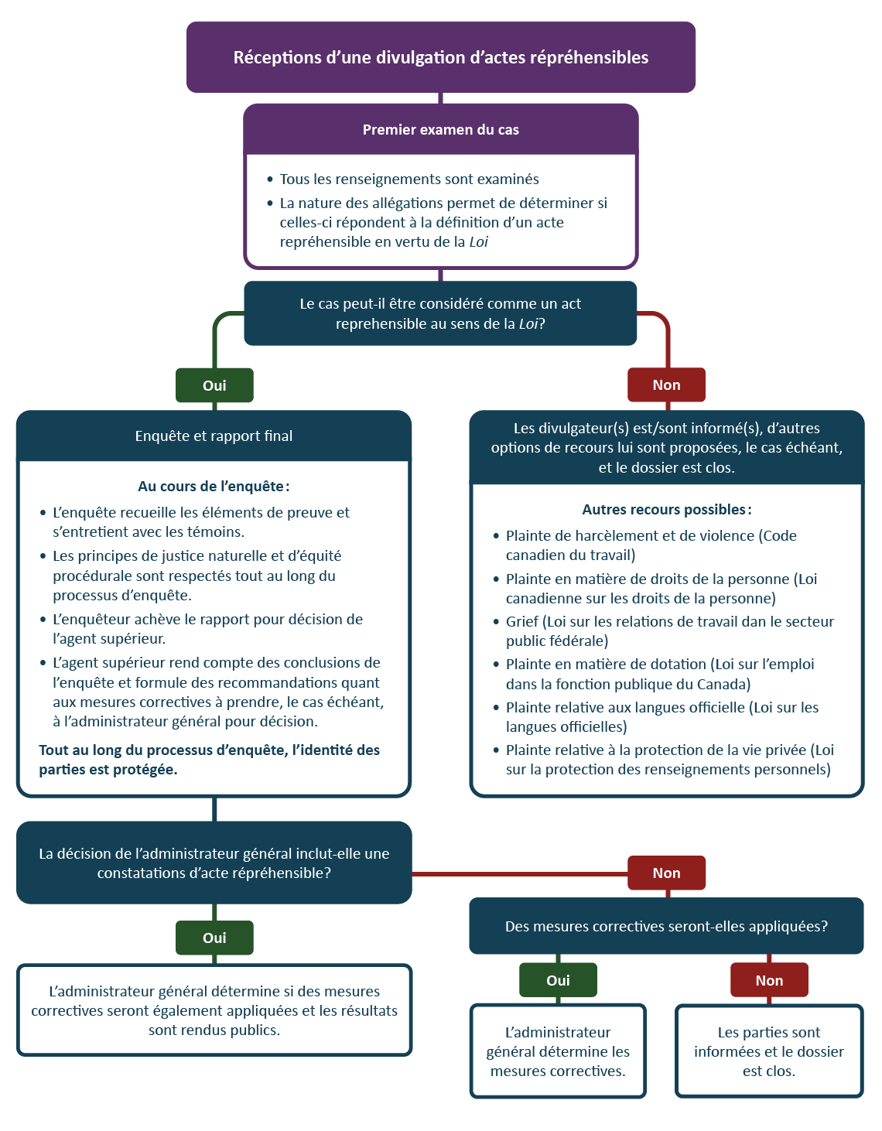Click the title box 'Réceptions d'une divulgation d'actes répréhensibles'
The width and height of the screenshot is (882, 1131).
pos(441,57)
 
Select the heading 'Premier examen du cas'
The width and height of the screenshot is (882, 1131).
pos(441,130)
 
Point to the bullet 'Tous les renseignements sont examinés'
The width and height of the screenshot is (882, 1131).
pos(409,179)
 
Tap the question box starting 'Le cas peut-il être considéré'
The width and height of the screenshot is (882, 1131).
pos(440,313)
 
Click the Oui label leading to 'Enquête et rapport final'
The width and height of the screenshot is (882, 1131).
pos(214,385)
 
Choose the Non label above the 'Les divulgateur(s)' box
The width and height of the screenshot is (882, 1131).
pos(666,385)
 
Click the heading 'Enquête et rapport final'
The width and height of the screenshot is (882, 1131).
pos(214,436)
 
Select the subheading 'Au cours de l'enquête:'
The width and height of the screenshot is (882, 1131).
pos(214,487)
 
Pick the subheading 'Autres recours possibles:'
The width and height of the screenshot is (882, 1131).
pos(666,510)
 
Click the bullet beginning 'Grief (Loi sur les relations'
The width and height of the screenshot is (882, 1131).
pos(669,631)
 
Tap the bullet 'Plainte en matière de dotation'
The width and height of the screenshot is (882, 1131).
pos(660,674)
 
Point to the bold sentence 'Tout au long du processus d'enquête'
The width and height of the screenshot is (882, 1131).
pos(209,760)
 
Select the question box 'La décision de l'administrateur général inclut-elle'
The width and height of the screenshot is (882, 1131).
pos(214,863)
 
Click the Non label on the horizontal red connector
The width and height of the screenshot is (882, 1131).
pos(666,873)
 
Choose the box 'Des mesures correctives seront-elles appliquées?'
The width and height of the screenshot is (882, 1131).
pos(666,927)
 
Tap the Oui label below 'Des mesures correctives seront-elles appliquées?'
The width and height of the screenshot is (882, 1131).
pos(558,980)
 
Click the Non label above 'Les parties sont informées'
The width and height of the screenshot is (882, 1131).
pos(769,980)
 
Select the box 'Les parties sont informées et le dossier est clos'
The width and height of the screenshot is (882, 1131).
pos(769,1051)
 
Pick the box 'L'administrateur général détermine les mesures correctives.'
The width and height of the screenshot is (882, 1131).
pos(558,1051)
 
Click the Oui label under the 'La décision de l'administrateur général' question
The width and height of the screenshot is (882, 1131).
pos(214,938)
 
